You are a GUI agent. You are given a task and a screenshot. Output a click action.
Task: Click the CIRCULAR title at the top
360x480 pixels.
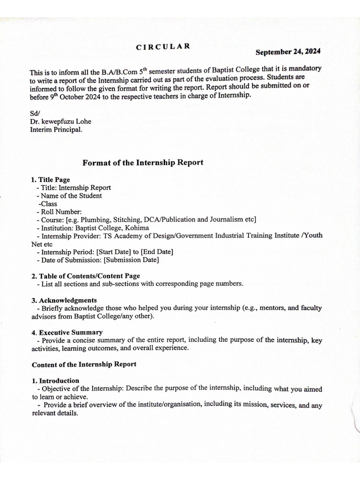click(163, 46)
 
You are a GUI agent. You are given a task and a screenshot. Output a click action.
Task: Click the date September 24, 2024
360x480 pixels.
click(288, 52)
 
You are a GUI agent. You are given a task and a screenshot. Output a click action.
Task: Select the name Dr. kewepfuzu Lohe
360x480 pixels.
click(60, 122)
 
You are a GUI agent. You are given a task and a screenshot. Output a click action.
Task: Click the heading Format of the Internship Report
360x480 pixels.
click(143, 163)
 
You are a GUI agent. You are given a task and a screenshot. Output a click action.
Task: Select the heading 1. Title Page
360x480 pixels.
click(50, 180)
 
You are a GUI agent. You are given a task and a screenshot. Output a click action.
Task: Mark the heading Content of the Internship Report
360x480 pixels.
click(84, 364)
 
